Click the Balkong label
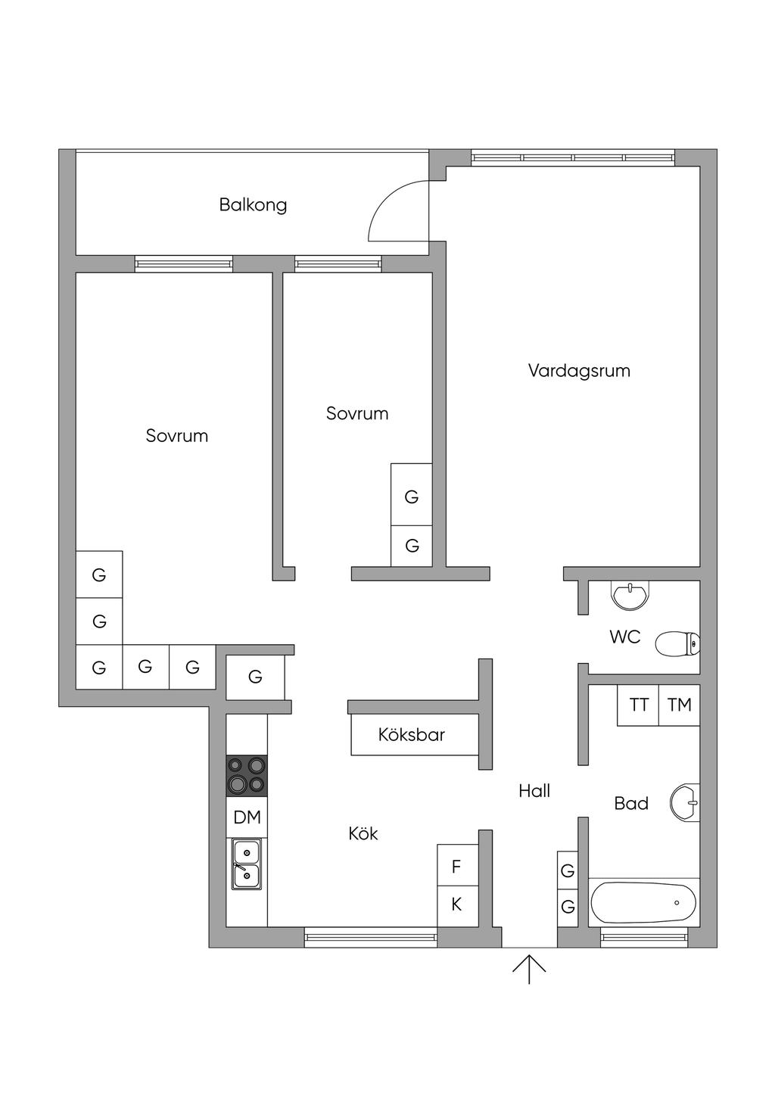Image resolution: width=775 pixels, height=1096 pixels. coord(253,204)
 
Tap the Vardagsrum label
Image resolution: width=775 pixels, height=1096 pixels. coord(579,371)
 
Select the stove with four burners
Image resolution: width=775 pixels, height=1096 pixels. coord(247,776)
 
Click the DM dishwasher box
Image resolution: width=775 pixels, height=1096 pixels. coord(247,817)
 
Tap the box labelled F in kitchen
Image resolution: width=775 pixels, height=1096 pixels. coord(457,866)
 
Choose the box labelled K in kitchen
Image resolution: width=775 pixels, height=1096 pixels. coord(457,905)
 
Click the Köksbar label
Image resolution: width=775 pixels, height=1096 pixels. coord(412,734)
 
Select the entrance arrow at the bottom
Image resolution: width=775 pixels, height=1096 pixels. coord(529,969)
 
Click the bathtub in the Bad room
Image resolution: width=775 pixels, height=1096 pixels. coord(643,902)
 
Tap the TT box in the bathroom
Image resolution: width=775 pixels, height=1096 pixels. coord(639,705)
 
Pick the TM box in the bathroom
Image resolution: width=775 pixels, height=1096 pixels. coord(680,705)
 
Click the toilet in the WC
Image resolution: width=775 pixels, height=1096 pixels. coord(676,644)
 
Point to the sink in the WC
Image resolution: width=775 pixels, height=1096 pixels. coord(630,595)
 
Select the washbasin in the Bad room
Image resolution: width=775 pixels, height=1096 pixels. coord(684,802)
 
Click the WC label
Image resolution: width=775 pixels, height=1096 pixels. coord(625,637)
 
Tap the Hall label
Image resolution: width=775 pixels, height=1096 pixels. coord(534,791)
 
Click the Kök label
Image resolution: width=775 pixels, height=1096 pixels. coord(363,833)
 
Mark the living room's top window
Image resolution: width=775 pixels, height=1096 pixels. coord(573,157)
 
